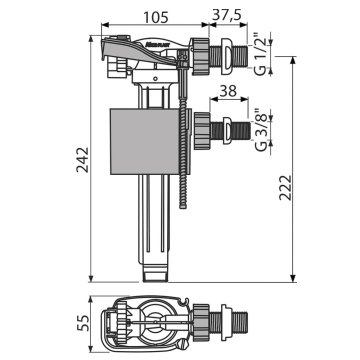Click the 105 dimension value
click(x=156, y=17)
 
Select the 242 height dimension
click(x=83, y=160)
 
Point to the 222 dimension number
click(x=285, y=188)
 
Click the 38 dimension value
click(x=228, y=91)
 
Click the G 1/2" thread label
click(x=262, y=54)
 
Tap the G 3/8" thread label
click(x=262, y=130)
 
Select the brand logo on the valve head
click(x=153, y=43)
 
